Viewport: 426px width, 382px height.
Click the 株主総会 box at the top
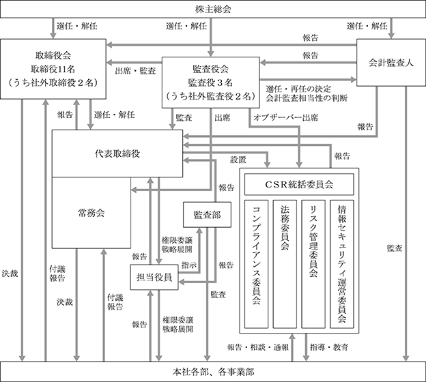pos(213,9)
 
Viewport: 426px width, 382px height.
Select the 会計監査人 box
pos(391,63)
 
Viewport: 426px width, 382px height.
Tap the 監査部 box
pos(207,215)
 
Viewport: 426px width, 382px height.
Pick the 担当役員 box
pos(154,277)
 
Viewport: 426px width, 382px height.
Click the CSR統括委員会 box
pos(299,185)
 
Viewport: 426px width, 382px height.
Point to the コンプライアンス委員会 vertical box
pos(256,264)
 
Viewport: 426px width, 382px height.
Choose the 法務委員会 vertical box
pos(285,264)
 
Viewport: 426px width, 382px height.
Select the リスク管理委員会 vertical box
pos(313,264)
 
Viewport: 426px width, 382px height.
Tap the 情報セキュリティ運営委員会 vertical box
pos(342,264)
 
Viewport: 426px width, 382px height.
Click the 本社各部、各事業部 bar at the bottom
pos(213,372)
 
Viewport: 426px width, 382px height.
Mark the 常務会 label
pos(91,213)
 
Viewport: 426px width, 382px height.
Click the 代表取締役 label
pos(117,153)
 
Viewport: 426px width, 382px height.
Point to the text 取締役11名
pos(53,69)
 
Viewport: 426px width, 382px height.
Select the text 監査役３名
pos(210,83)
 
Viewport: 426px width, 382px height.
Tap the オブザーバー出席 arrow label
pos(285,117)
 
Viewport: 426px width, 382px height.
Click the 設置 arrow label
pos(238,160)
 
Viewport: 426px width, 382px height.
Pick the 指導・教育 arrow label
pos(329,347)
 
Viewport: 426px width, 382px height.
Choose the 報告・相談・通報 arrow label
pos(258,347)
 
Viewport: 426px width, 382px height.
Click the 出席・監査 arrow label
pos(135,71)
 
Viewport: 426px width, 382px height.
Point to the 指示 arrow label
pos(189,265)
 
